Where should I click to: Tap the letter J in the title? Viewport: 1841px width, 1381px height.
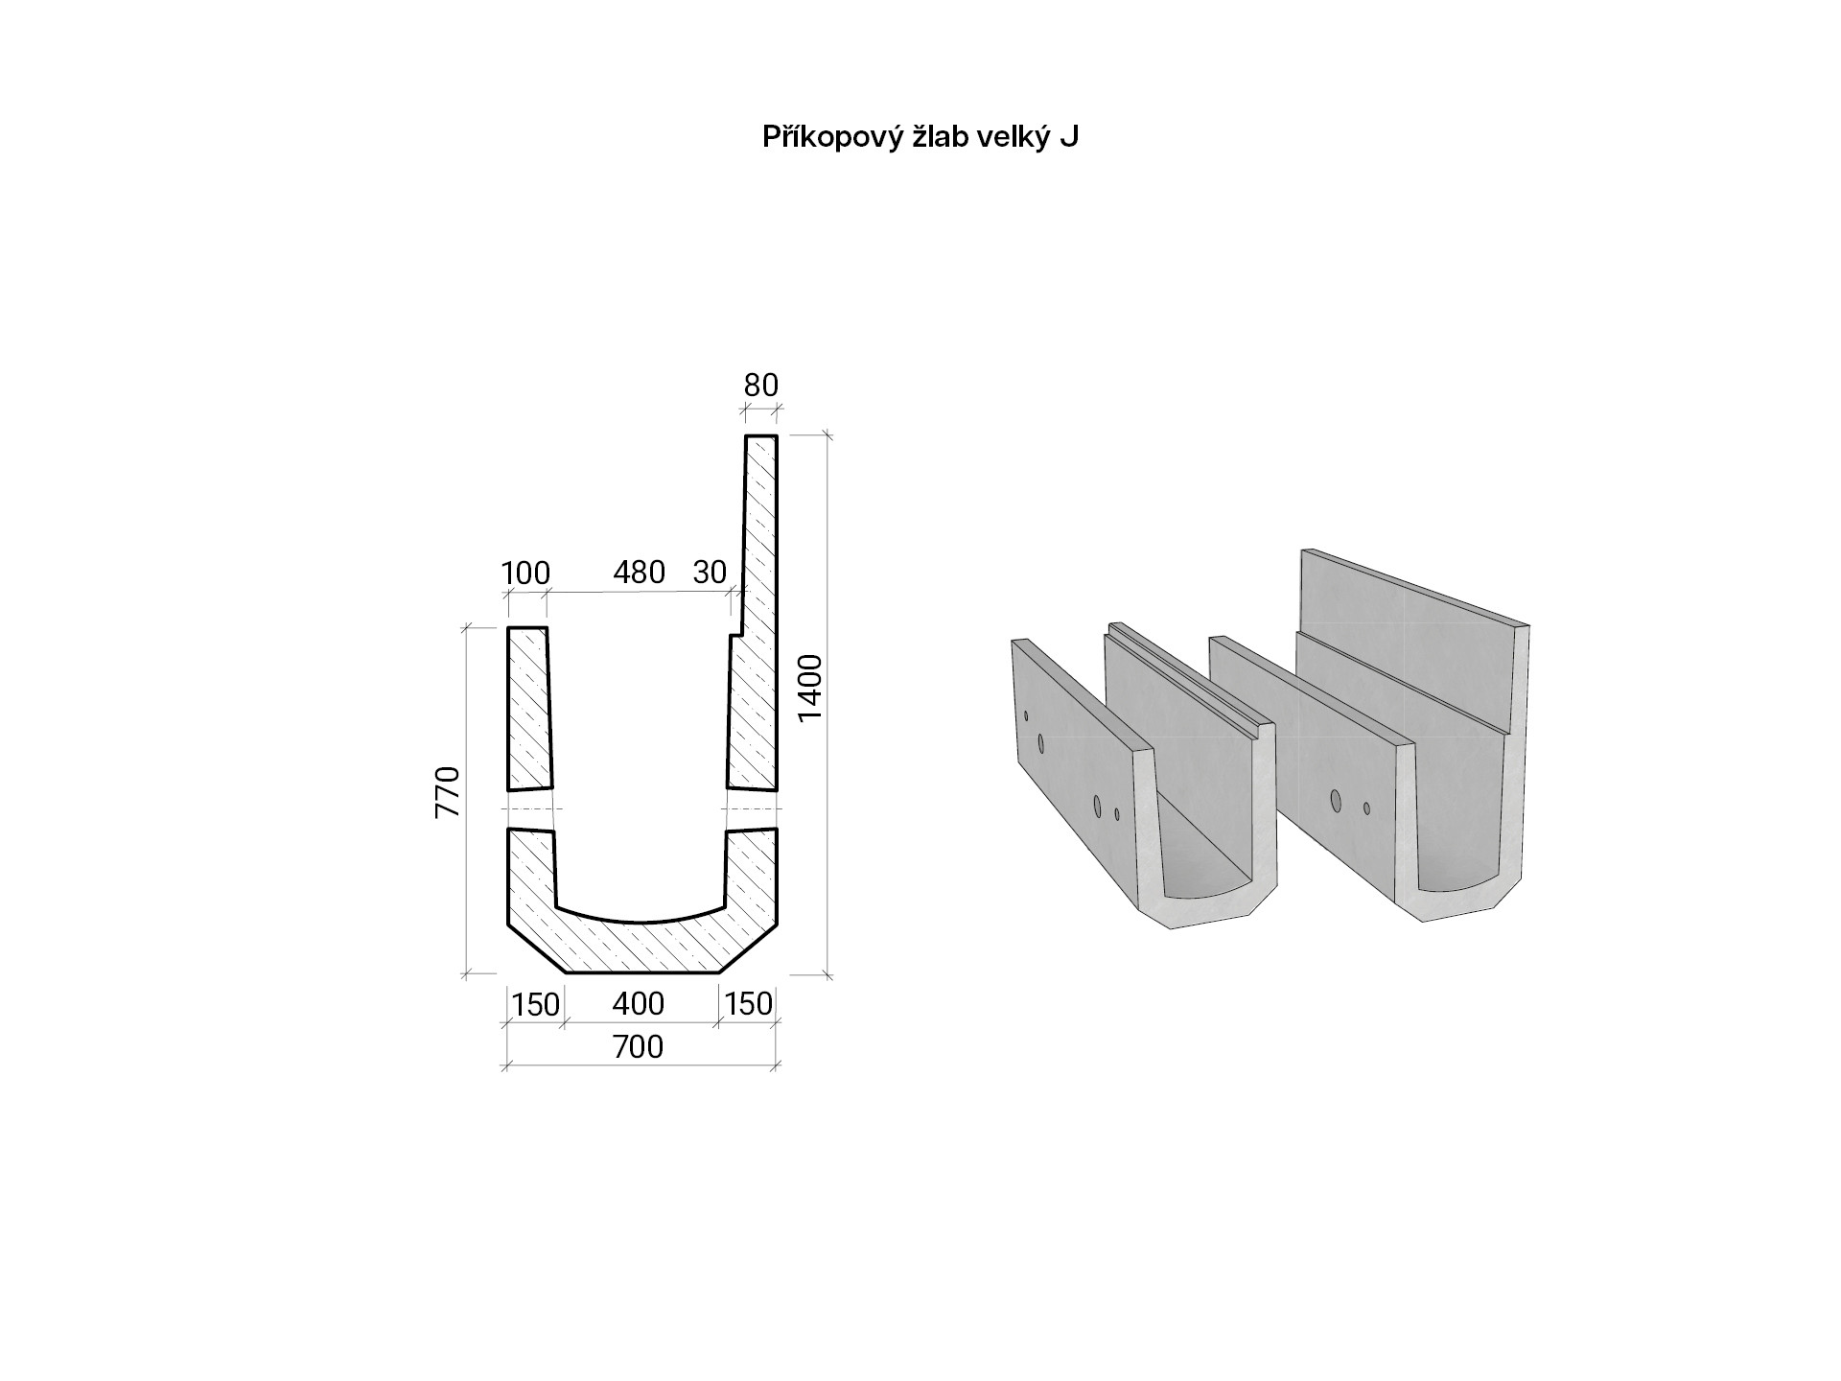[1069, 137]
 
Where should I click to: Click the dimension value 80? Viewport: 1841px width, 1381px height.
[761, 386]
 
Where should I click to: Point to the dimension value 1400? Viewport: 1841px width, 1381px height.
[810, 687]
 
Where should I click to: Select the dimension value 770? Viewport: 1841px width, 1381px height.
[448, 792]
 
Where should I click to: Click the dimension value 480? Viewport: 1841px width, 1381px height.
[639, 573]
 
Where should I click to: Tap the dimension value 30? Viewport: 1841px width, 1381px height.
[710, 573]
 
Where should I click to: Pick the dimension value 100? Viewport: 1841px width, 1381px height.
[525, 573]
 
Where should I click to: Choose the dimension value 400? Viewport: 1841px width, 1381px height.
[639, 1004]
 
